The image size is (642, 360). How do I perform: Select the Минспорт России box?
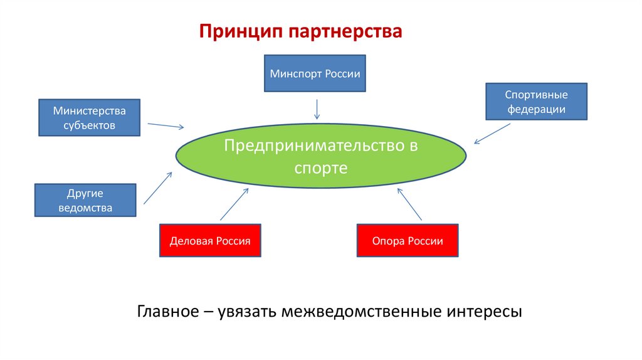pyautogui.click(x=315, y=73)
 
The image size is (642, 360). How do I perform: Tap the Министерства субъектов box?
pyautogui.click(x=89, y=117)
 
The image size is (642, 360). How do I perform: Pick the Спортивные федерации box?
pyautogui.click(x=536, y=102)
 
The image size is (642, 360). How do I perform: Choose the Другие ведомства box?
pyautogui.click(x=85, y=200)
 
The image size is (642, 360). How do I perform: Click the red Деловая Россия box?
pyautogui.click(x=210, y=240)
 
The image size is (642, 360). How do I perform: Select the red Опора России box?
pyautogui.click(x=408, y=240)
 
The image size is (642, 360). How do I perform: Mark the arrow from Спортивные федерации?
pyautogui.click(x=492, y=134)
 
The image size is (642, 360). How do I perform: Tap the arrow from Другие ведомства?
pyautogui.click(x=158, y=188)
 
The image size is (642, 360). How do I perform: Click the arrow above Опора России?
pyautogui.click(x=410, y=204)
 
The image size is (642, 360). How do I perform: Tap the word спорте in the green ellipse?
pyautogui.click(x=321, y=169)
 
